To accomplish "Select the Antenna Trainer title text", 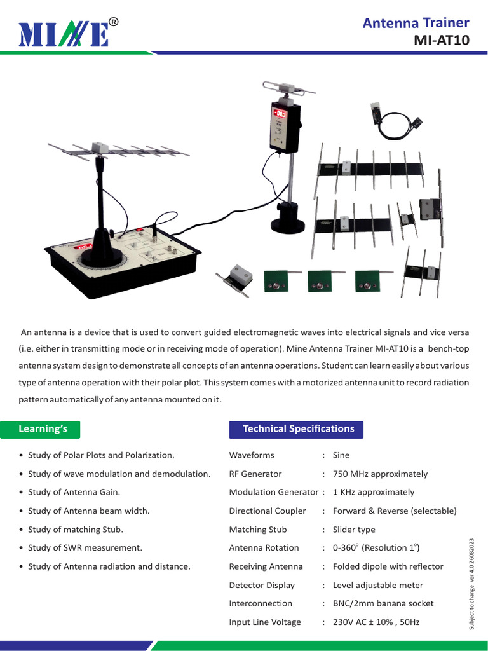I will [416, 23].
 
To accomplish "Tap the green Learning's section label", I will [43, 429].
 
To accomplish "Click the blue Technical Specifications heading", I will [298, 429].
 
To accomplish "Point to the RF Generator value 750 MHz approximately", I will [380, 474].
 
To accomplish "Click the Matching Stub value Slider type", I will [354, 530].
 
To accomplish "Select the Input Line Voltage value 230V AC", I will [376, 622].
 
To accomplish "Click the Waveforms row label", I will [252, 455].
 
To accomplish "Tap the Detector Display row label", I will [262, 585].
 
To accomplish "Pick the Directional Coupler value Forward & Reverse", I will [394, 511].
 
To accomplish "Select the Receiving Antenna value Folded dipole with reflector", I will [388, 566].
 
